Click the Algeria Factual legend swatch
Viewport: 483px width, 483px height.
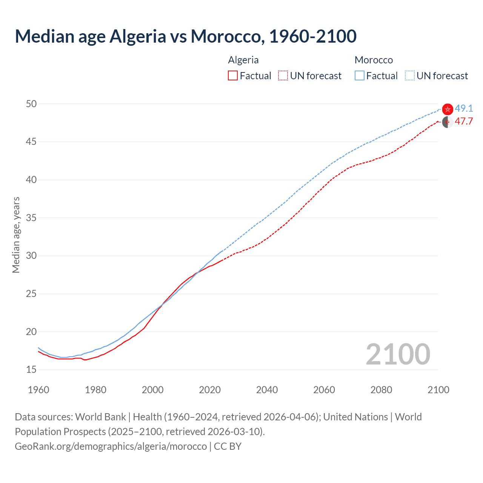233,75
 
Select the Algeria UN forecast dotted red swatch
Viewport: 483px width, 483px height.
283,75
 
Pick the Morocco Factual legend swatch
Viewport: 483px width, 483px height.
360,75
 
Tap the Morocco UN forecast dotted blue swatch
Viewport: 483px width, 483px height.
410,75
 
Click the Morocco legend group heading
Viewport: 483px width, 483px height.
374,60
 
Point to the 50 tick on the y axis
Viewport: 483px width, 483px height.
31,104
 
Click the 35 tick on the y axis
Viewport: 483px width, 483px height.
31,218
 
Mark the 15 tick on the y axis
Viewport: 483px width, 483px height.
31,370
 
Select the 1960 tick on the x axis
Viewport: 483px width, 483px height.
38,390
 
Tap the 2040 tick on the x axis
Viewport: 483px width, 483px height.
267,390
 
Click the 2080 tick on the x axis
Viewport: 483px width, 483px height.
381,390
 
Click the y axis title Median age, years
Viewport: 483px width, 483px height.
16,235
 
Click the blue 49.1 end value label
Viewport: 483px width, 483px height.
464,109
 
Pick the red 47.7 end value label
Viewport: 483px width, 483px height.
464,122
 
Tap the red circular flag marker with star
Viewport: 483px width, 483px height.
448,109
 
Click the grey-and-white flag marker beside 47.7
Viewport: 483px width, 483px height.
448,122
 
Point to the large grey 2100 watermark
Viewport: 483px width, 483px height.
398,354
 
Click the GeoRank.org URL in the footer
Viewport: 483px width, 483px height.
111,446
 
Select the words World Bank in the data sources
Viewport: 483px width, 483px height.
100,417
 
